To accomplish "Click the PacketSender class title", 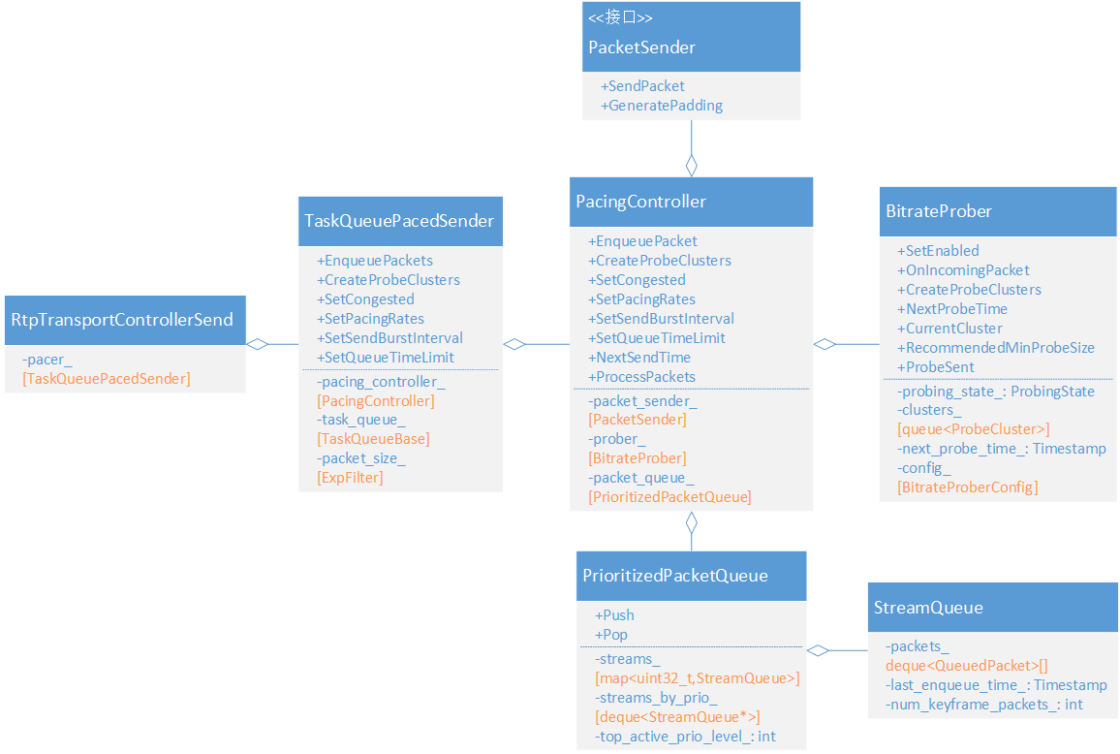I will (642, 47).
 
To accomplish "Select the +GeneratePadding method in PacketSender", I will (662, 105).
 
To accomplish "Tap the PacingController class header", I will (641, 202).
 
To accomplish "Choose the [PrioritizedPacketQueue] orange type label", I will (669, 497).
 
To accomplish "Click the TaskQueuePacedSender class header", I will (399, 221).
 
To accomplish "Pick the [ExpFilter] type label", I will (350, 478).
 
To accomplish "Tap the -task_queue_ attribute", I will (361, 419).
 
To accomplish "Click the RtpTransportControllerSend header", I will (122, 320).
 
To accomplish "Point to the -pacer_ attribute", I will (47, 360).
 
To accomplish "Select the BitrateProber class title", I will (939, 211).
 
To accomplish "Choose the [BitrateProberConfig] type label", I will (967, 487).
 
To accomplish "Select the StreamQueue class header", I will (928, 608).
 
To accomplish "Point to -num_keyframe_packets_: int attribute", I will (984, 705).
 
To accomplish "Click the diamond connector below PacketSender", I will (691, 165).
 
